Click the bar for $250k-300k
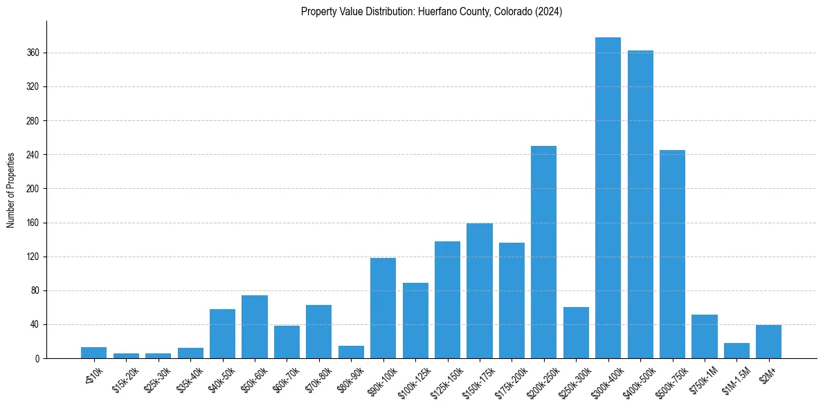(x=576, y=333)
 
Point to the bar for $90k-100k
(x=383, y=308)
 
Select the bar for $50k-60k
(x=254, y=326)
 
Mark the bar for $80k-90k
(x=351, y=352)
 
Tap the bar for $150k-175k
(x=479, y=290)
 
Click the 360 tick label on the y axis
(x=33, y=53)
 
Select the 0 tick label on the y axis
(x=37, y=358)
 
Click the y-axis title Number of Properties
(x=11, y=189)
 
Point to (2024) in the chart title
(x=548, y=12)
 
